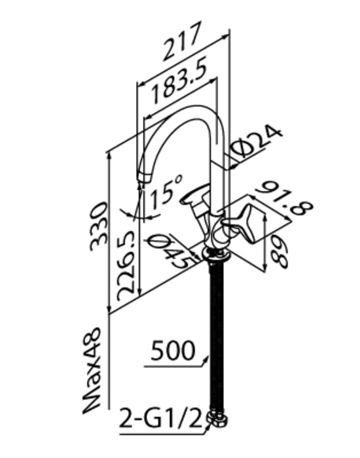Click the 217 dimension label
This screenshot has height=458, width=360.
click(183, 41)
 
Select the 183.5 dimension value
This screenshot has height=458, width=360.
click(179, 81)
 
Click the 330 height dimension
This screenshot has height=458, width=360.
click(99, 226)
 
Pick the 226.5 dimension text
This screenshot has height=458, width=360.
click(126, 266)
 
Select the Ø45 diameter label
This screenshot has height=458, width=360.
click(172, 251)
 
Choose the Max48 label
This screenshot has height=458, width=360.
click(92, 371)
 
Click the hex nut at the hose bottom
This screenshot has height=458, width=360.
click(217, 419)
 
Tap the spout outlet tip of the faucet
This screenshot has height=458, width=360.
click(144, 177)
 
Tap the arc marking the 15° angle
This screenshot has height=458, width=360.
click(140, 217)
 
